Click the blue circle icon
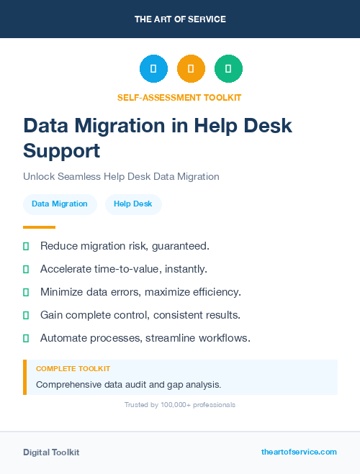coord(153,69)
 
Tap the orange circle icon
coord(191,69)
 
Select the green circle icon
coord(228,69)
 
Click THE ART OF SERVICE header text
coord(180,19)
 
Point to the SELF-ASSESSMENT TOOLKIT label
coord(179,97)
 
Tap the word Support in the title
coord(62,150)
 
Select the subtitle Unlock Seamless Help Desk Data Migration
coord(121,176)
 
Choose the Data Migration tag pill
coord(60,204)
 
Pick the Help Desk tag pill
coord(133,204)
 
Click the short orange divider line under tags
coord(39,227)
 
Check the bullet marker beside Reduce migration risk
coord(26,247)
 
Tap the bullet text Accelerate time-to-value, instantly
coord(124,269)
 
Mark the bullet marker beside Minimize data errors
coord(26,293)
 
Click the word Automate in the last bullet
coord(64,337)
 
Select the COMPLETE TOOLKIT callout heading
coord(73,368)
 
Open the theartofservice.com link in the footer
coord(299,452)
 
